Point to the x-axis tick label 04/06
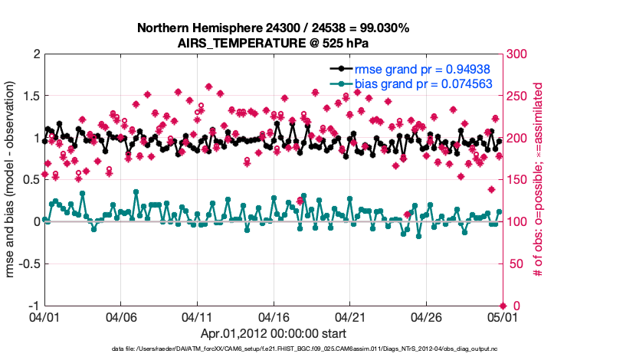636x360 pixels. click(x=121, y=316)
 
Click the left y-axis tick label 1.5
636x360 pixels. click(x=31, y=97)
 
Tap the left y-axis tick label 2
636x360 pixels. click(x=35, y=55)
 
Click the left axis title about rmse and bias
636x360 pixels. click(x=12, y=181)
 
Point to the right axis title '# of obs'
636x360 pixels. click(x=538, y=181)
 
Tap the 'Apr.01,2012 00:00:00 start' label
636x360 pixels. click(x=273, y=333)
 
